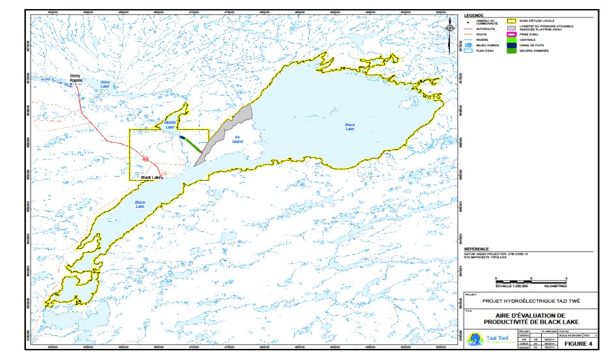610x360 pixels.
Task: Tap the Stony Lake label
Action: [105, 84]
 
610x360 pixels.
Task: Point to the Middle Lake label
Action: [170, 123]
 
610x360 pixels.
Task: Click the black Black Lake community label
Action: [151, 176]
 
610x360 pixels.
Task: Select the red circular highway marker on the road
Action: [146, 159]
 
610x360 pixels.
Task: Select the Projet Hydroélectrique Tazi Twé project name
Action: [531, 302]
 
